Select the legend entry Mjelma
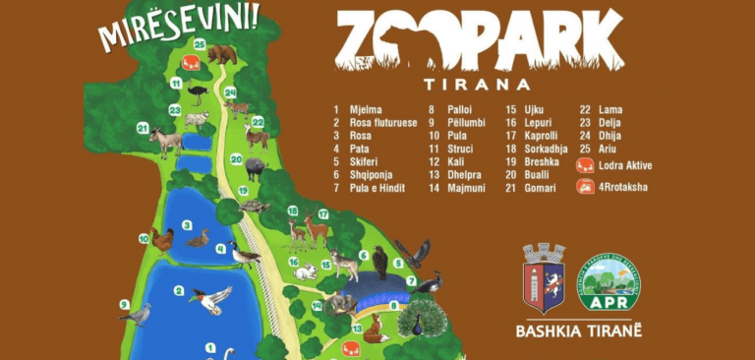[x=360, y=109]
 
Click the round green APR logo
[x=610, y=286]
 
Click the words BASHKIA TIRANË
[x=578, y=330]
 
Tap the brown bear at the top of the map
[x=221, y=52]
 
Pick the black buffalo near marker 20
[x=255, y=168]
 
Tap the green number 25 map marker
[x=200, y=44]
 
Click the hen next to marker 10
[x=162, y=238]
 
